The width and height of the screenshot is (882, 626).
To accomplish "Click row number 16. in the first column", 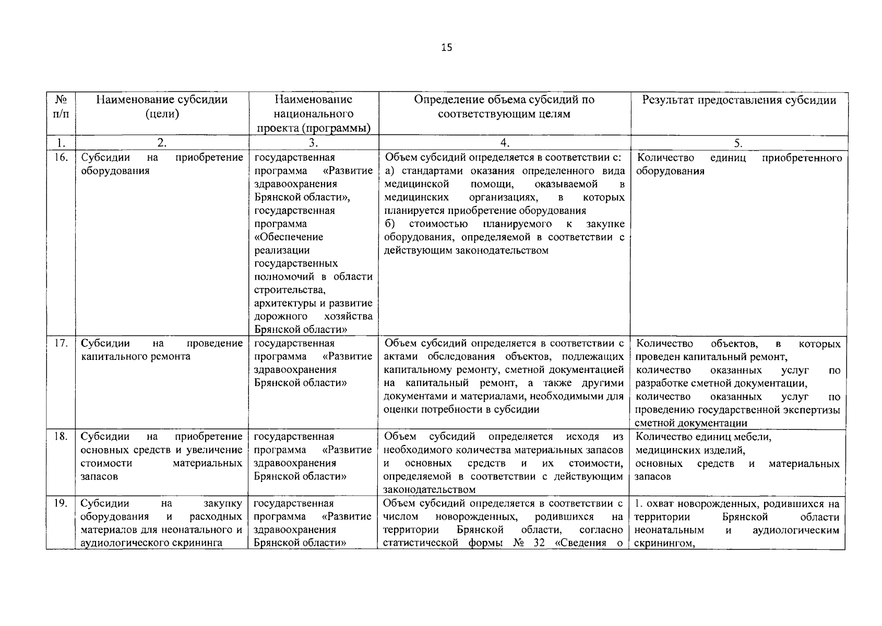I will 61,157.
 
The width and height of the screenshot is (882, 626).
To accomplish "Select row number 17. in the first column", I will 61,343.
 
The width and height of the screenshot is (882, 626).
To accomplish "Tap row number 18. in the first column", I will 61,437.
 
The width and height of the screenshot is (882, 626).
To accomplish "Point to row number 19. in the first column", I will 61,503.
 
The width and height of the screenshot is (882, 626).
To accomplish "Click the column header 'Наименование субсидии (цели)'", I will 162,107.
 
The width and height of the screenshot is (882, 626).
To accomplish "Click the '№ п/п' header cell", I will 61,106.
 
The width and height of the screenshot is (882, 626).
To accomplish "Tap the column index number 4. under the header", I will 504,143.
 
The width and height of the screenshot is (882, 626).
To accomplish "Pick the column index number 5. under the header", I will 738,143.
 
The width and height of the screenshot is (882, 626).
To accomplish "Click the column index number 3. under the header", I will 313,143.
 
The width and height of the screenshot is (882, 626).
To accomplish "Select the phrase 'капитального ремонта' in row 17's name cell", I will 136,357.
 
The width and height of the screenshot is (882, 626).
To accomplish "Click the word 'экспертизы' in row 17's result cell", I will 815,410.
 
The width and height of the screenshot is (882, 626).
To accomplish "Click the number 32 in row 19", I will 539,543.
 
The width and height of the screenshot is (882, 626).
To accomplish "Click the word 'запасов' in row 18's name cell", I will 99,477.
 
